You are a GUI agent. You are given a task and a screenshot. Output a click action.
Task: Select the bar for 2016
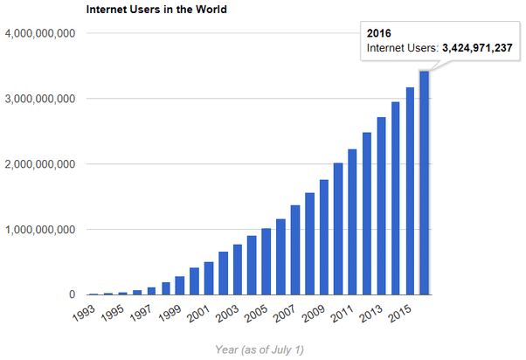[425, 183]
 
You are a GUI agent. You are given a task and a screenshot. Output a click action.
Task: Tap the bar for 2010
[338, 229]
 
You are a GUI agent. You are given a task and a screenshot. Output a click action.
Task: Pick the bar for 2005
[266, 261]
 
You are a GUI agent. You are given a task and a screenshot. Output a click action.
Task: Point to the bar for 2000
[195, 281]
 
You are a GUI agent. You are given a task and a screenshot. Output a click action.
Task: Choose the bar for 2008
[309, 244]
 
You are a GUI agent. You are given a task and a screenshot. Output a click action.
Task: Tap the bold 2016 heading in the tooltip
[377, 32]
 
